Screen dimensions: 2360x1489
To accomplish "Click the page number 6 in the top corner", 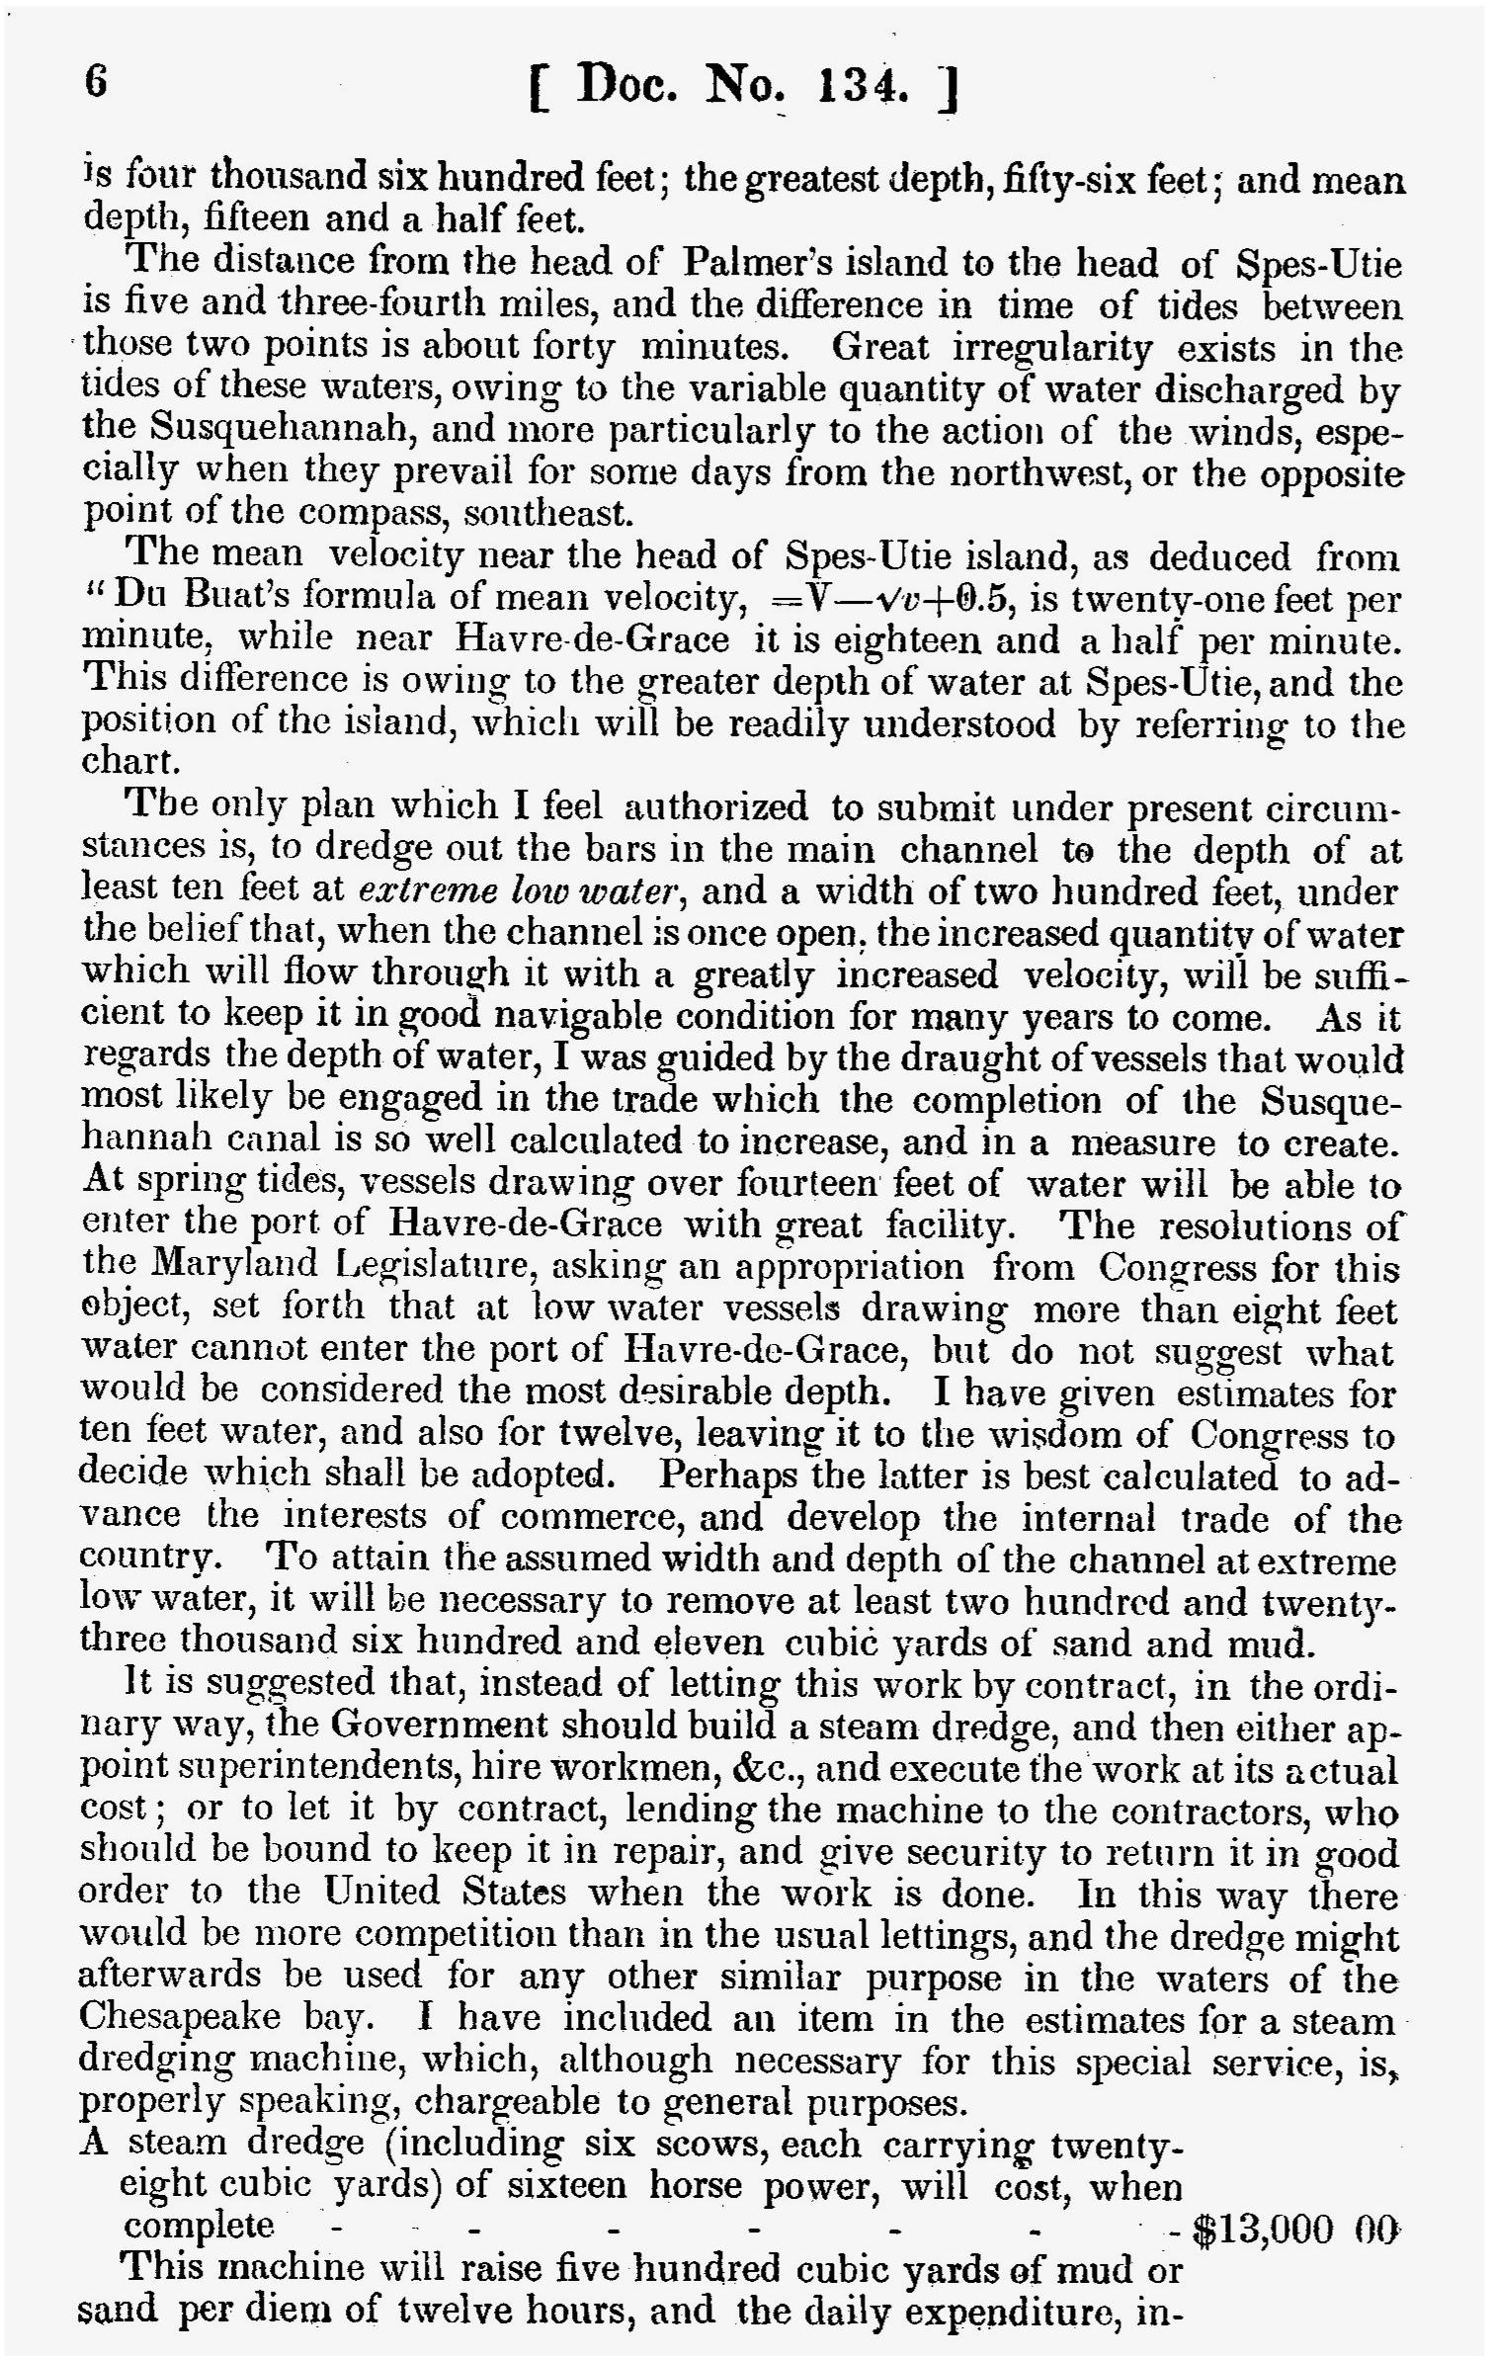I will tap(96, 82).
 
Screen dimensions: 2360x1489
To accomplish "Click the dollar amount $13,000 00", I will tap(1295, 2230).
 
